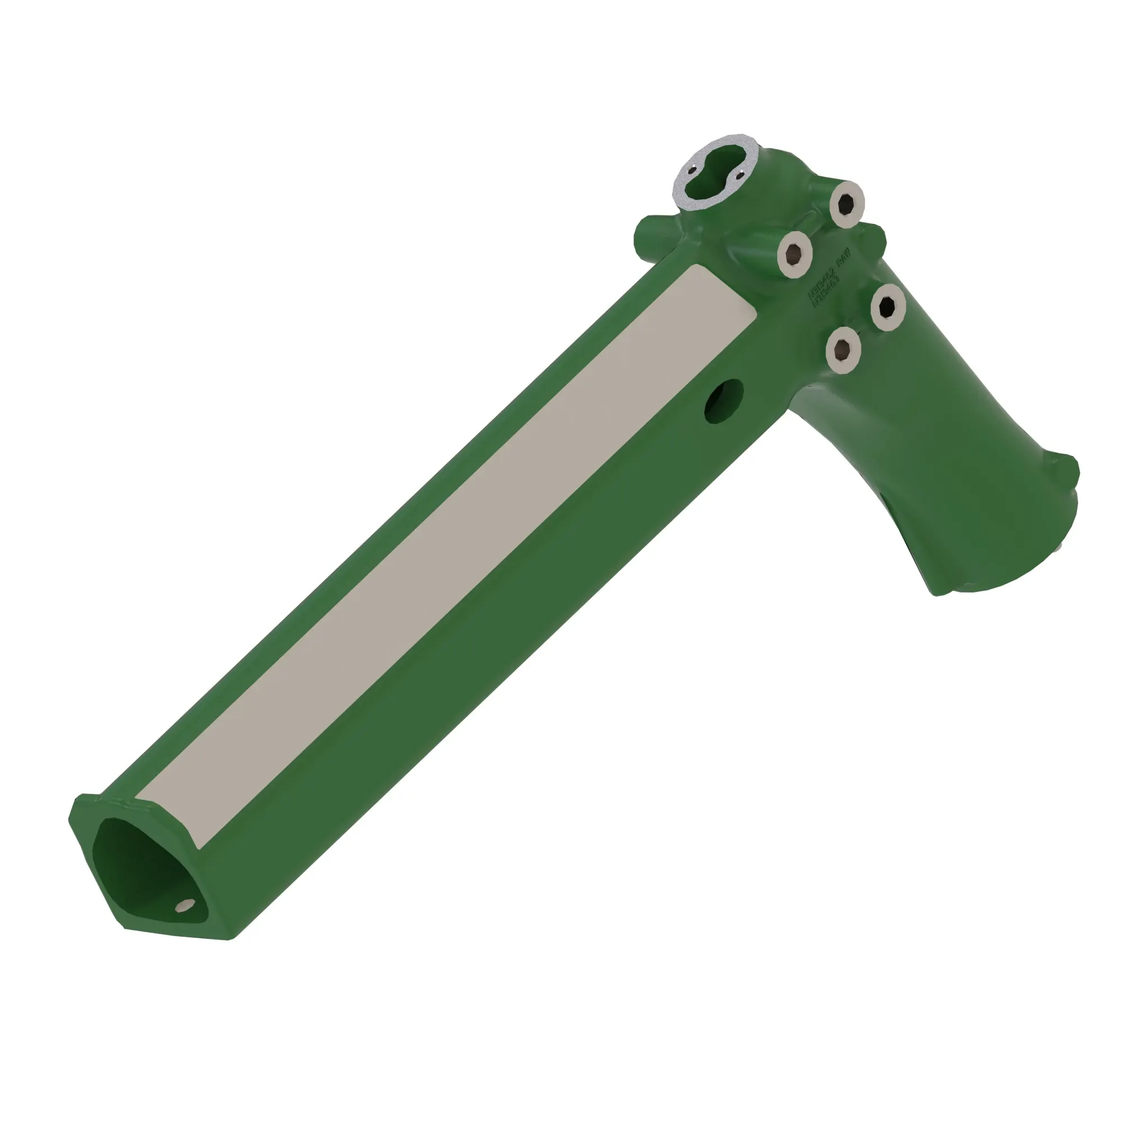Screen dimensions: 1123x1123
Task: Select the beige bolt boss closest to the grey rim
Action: point(847,203)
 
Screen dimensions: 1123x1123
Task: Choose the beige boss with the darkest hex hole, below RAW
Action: point(888,307)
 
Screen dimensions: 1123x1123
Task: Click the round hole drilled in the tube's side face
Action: point(724,400)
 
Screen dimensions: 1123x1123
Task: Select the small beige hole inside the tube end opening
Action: point(185,905)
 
